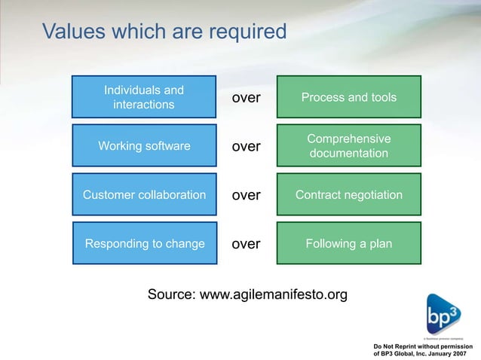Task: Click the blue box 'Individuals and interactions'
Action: point(143,97)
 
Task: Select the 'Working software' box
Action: point(144,146)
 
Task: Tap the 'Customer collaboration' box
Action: point(144,195)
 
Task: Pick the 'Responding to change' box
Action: point(144,243)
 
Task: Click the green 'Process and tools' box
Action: point(348,97)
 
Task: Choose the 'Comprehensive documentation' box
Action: point(348,146)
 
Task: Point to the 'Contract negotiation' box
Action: point(348,195)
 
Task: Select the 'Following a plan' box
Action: point(348,243)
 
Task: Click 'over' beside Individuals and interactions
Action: point(246,98)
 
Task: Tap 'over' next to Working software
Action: point(246,146)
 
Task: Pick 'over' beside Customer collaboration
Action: point(246,195)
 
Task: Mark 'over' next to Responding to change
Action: point(246,244)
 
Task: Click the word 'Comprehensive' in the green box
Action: point(348,139)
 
